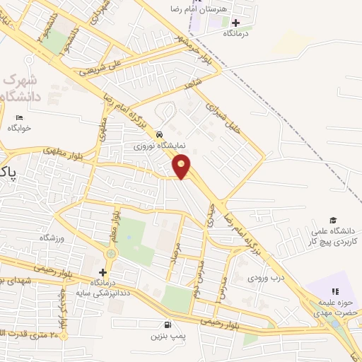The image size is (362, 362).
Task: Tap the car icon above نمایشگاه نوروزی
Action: coord(160,134)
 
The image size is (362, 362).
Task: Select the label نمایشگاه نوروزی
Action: coord(160,146)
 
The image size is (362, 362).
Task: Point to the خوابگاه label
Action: coord(21,129)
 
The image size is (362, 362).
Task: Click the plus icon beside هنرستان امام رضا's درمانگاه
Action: coord(235,23)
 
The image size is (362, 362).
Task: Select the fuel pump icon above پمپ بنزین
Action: coord(165,325)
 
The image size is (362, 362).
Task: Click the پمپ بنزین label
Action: coord(165,337)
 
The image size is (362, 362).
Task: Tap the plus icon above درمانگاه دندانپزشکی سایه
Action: coord(103,272)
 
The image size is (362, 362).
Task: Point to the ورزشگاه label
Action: coord(52,238)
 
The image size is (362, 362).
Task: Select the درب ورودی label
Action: coord(265,279)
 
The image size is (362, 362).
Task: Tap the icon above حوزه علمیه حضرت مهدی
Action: coord(335,291)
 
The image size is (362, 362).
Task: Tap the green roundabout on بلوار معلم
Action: coord(111,254)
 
